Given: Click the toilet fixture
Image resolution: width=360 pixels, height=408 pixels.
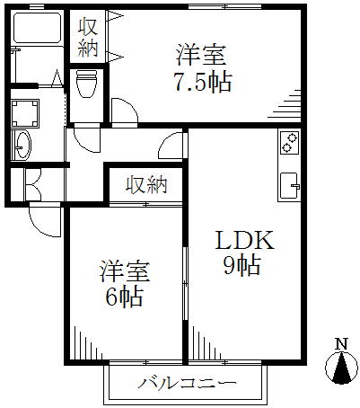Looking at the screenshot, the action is pyautogui.click(x=87, y=84).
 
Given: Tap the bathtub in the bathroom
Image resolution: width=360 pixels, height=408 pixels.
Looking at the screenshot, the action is pyautogui.click(x=38, y=28).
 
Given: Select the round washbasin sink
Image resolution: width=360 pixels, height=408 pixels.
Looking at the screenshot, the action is pyautogui.click(x=23, y=145).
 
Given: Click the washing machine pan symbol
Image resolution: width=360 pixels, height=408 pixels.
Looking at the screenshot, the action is pyautogui.click(x=25, y=113).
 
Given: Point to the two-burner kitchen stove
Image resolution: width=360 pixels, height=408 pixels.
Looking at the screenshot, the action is pyautogui.click(x=289, y=143).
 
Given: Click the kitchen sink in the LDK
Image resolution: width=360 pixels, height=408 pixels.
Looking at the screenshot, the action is pyautogui.click(x=290, y=186).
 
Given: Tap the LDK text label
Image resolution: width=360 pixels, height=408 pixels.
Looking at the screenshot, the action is pyautogui.click(x=245, y=240).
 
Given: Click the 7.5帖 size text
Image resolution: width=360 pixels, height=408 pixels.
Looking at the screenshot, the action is pyautogui.click(x=203, y=82).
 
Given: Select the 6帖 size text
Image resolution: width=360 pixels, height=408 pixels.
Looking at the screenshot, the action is pyautogui.click(x=123, y=297).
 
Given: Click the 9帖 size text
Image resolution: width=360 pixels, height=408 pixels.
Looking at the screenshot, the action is pyautogui.click(x=241, y=265).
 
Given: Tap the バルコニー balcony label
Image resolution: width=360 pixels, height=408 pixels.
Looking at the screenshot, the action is pyautogui.click(x=187, y=383).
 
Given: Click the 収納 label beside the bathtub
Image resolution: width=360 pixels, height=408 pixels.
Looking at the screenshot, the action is pyautogui.click(x=88, y=37).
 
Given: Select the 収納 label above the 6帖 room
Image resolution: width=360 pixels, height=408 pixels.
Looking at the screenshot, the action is pyautogui.click(x=146, y=185).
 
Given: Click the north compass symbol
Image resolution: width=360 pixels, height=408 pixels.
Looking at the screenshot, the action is pyautogui.click(x=341, y=368).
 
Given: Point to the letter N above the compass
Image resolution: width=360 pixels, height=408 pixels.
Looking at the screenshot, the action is pyautogui.click(x=341, y=344).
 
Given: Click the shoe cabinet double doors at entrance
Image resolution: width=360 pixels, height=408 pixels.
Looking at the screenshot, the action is pyautogui.click(x=33, y=185).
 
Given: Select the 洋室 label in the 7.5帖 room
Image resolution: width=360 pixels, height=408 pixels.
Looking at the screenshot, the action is pyautogui.click(x=200, y=56).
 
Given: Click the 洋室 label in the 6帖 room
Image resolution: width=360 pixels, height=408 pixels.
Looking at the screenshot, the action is pyautogui.click(x=125, y=271).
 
